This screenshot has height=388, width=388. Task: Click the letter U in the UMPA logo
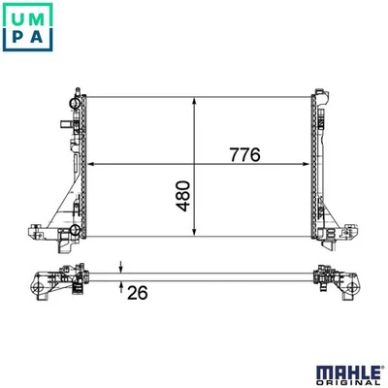pyautogui.click(x=12, y=13)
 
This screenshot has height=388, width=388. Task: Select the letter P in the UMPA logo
pyautogui.click(x=12, y=37)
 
